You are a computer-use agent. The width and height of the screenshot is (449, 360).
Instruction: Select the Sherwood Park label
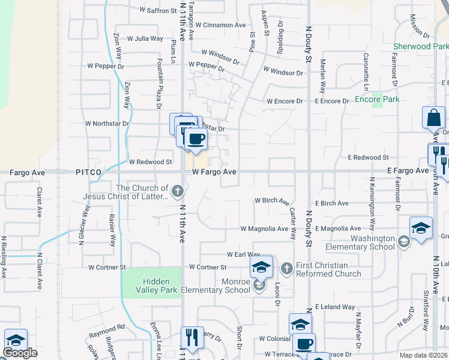tap(420, 46)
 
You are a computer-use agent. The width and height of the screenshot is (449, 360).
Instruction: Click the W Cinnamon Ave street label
tap(220, 25)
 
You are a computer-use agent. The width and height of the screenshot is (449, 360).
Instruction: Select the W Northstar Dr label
tap(107, 124)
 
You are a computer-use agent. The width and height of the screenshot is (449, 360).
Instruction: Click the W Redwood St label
tap(151, 162)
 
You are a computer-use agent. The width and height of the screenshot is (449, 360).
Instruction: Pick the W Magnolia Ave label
tap(264, 229)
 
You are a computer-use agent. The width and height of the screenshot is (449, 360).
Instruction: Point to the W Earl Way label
tap(243, 255)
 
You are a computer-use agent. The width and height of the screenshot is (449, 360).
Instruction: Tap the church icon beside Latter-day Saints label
tap(177, 191)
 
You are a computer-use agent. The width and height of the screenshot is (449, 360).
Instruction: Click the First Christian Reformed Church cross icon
tap(287, 267)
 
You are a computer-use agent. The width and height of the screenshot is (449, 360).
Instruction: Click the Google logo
tap(20, 353)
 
